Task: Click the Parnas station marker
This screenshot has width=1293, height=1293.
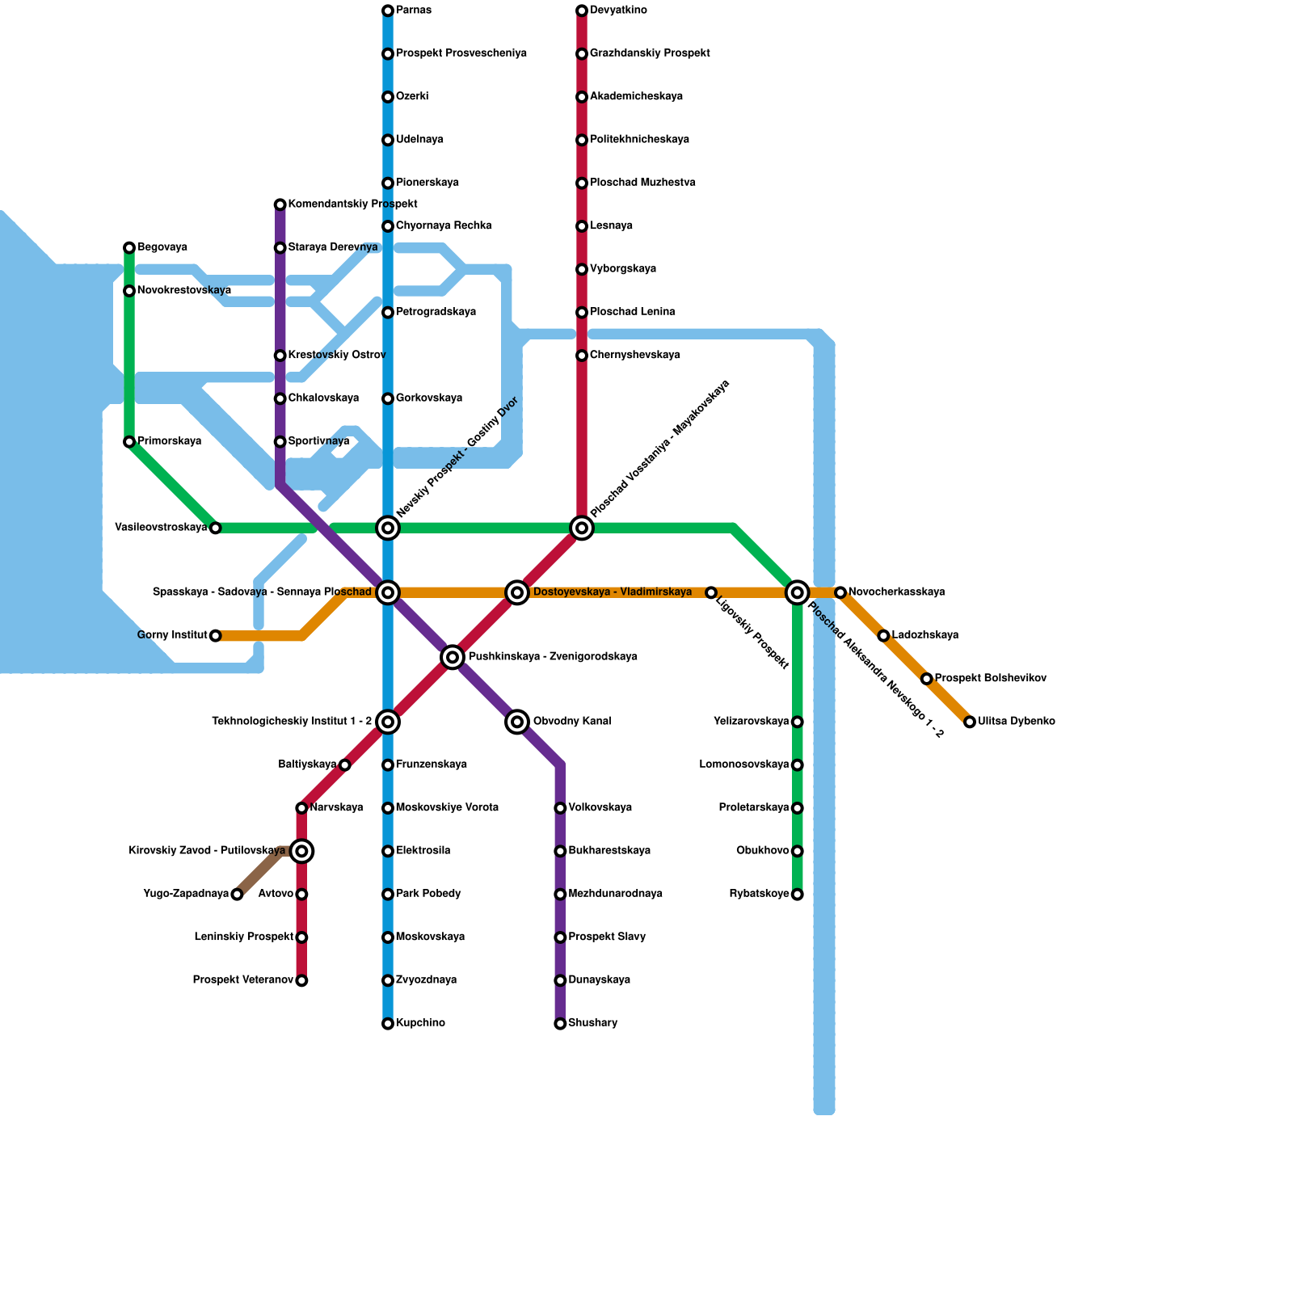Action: click(388, 11)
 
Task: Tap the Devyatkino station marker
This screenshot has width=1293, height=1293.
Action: click(582, 11)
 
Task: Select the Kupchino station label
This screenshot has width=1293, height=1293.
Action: click(420, 1024)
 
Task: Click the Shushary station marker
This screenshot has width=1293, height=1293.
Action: click(560, 1024)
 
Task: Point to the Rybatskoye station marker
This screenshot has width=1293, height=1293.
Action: click(798, 895)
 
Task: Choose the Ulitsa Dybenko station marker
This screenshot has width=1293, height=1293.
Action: click(970, 722)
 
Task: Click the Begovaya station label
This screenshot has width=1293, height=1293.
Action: click(162, 247)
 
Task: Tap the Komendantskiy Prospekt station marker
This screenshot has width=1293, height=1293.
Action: click(280, 204)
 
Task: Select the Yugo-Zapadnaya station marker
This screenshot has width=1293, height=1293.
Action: click(237, 895)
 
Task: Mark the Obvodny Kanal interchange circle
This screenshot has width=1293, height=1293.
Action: click(517, 722)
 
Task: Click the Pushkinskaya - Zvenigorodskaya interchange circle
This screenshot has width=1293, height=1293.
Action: click(453, 657)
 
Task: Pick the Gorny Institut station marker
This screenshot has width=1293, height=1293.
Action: click(216, 636)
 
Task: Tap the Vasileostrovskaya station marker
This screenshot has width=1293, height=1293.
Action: click(216, 528)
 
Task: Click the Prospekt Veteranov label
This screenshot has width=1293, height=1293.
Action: click(242, 980)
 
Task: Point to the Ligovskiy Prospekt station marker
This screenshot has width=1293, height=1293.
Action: click(711, 592)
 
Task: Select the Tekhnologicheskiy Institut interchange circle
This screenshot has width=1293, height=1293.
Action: click(388, 722)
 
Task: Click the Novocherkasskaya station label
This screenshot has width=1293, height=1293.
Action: click(896, 592)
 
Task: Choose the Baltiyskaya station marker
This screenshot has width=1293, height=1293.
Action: click(345, 765)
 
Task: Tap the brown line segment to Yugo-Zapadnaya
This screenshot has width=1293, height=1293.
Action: click(259, 873)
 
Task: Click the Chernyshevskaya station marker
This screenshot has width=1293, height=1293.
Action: click(582, 356)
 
